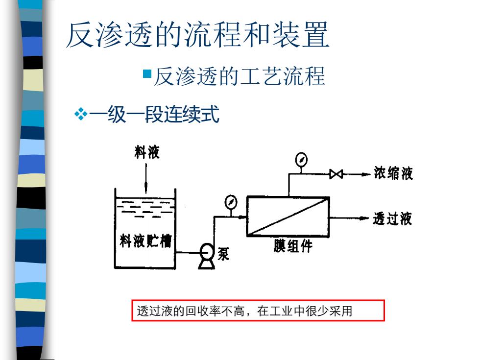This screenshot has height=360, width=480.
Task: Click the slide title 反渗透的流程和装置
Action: pos(197,35)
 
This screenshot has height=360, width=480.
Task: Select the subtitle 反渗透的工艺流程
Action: pos(239,76)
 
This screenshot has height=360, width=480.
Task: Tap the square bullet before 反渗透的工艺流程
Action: pos(147,74)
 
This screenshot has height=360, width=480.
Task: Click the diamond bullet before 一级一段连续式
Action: pos(81,114)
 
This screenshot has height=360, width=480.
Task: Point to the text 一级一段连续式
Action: pos(154,114)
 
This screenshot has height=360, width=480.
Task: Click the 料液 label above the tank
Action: pos(147,152)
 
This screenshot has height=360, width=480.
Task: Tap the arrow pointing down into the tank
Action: pos(146,178)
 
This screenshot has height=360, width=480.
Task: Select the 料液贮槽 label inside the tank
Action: pos(145,240)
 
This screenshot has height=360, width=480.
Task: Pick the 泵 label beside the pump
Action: pos(223,254)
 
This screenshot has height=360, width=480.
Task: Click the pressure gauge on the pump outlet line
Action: pos(231,202)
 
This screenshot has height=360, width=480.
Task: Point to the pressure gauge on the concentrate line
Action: pos(301,159)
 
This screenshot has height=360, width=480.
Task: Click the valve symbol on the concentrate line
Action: pos(336,174)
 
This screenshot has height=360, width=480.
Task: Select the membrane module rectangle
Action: pos(288,216)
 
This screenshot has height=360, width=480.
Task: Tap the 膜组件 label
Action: pos(293,246)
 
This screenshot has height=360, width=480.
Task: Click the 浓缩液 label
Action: pos(393,173)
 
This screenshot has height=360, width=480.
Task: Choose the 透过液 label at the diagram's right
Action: pos(392,218)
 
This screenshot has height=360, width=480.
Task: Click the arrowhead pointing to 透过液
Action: pos(364,218)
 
